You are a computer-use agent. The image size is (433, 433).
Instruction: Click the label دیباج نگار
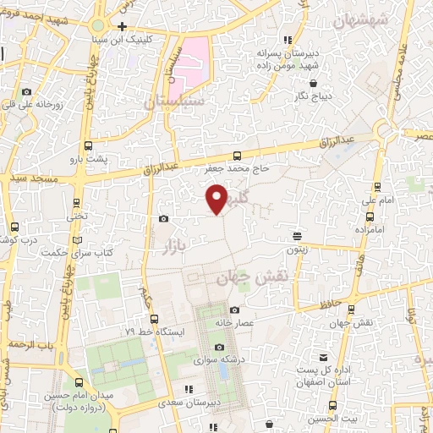tap(316, 97)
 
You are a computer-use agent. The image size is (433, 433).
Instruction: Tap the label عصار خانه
tap(234, 324)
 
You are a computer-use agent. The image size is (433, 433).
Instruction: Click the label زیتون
tap(297, 250)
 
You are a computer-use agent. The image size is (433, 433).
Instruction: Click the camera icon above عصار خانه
tap(234, 310)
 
